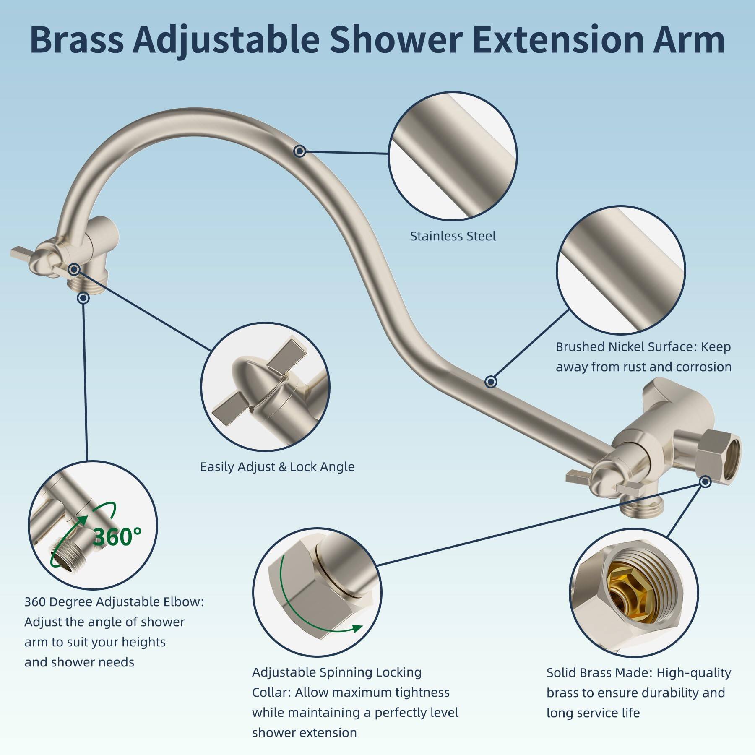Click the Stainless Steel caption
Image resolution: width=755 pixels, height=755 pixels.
[x=453, y=236]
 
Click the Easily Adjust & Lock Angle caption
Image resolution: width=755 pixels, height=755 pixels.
[x=277, y=467]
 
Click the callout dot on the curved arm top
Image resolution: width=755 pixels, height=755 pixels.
[x=299, y=151]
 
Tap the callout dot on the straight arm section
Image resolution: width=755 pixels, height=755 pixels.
[x=491, y=382]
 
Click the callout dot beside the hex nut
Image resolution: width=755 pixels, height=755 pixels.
[x=706, y=482]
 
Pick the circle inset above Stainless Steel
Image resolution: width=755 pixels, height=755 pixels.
[x=453, y=156]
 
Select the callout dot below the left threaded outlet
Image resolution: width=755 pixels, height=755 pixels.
[x=83, y=298]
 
